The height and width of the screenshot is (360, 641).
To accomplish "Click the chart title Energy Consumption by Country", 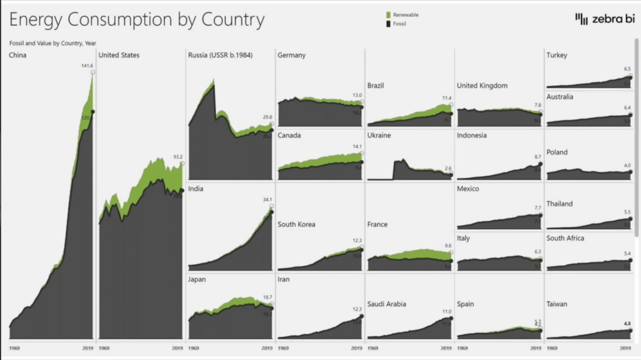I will [x=137, y=20].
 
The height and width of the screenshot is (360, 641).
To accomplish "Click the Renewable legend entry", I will [x=405, y=14].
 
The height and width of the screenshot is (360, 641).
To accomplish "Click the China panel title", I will [x=18, y=55].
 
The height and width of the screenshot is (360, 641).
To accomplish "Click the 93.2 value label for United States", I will [x=178, y=157].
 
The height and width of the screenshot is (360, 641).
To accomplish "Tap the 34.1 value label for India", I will [x=267, y=200].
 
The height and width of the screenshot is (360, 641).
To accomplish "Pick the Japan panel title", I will [x=197, y=280].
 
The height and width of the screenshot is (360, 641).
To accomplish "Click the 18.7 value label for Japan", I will [x=267, y=297].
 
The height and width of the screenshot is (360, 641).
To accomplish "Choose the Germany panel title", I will [x=291, y=55].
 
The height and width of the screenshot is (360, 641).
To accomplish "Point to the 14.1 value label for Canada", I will [x=357, y=147].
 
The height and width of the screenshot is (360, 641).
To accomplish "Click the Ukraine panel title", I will [x=379, y=135].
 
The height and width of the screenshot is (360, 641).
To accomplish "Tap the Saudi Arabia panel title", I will [x=386, y=304].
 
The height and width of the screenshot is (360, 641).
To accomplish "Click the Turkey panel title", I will [x=556, y=55].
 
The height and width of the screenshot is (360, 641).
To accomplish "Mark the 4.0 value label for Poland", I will [x=627, y=165].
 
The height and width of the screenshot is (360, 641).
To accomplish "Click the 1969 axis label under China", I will [x=15, y=347].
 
